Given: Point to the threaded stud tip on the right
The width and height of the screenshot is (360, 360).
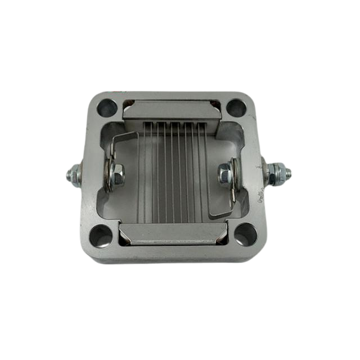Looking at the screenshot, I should pyautogui.click(x=290, y=169).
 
